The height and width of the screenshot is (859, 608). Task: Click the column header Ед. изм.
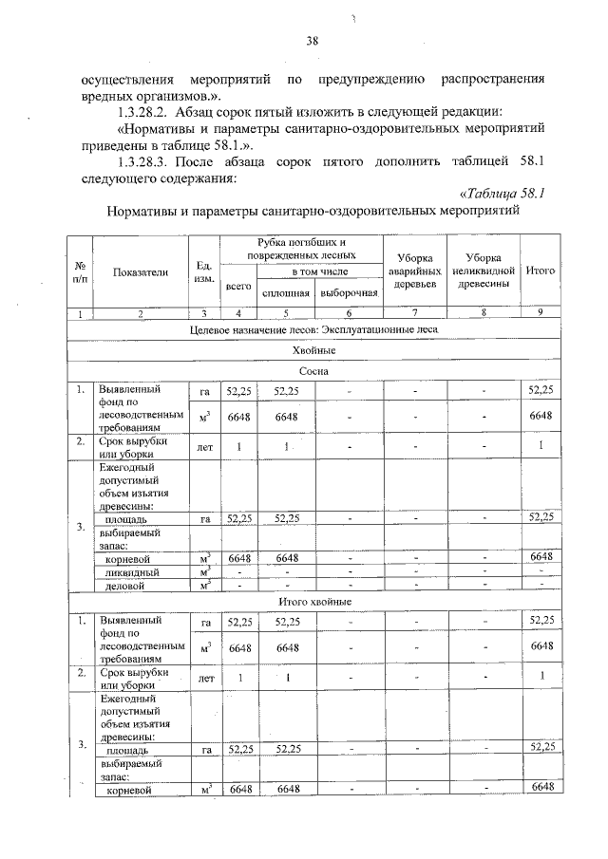pyautogui.click(x=203, y=272)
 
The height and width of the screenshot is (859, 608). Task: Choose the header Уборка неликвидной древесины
pyautogui.click(x=483, y=271)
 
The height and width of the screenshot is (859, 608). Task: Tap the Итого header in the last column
pyautogui.click(x=541, y=271)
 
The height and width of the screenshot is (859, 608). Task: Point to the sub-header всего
pyautogui.click(x=238, y=284)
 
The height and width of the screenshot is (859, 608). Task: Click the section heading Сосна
pyautogui.click(x=313, y=372)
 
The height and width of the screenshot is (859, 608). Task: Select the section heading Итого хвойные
pyautogui.click(x=313, y=602)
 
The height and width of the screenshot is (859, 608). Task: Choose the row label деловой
pyautogui.click(x=124, y=586)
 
